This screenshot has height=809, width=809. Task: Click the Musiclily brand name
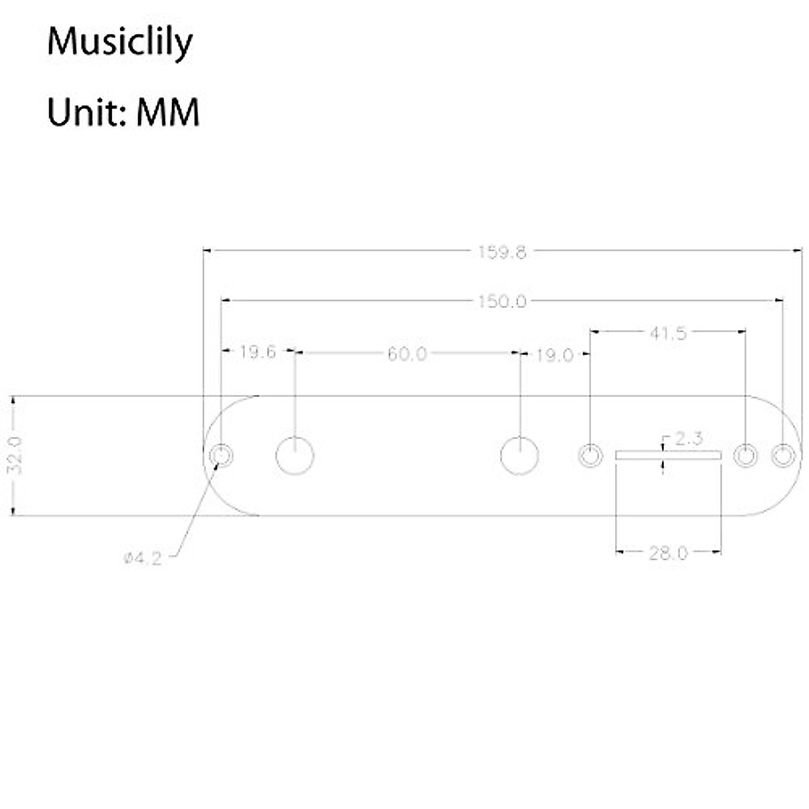[120, 43]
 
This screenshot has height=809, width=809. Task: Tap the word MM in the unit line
[168, 112]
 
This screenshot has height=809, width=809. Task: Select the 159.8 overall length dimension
[502, 252]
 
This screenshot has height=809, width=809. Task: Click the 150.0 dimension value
[502, 301]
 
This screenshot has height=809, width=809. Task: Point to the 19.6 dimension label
[258, 352]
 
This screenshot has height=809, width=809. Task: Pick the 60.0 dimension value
[407, 354]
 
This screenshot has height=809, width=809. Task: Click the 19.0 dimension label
[554, 355]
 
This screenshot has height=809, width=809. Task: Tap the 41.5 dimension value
[667, 333]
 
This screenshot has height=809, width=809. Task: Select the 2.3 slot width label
[688, 440]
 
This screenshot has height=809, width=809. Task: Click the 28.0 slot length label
[668, 553]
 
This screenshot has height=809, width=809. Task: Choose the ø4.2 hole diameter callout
[143, 558]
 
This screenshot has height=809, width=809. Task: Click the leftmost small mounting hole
[221, 456]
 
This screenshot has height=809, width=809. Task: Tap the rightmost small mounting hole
[782, 456]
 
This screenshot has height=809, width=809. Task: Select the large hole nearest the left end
[295, 456]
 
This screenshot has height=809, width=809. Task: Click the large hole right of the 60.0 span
[520, 456]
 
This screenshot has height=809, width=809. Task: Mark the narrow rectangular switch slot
[668, 456]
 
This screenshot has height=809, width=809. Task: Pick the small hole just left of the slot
[591, 456]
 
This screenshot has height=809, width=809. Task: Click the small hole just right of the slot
[745, 456]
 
